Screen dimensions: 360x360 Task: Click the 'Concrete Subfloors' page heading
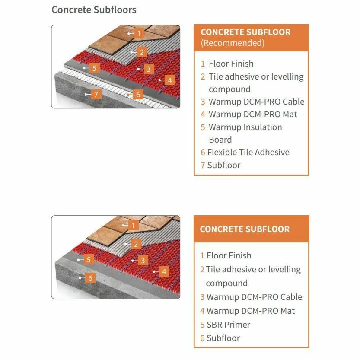(x=94, y=10)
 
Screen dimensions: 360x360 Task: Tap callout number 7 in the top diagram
(x=96, y=94)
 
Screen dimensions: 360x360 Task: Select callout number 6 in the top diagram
(x=138, y=94)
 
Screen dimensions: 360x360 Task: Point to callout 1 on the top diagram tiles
(x=139, y=34)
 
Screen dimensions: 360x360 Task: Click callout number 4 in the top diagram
(x=170, y=80)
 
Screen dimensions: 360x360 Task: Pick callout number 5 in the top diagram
(x=94, y=68)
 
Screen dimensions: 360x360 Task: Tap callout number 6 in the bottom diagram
(x=90, y=278)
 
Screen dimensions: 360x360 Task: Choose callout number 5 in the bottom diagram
(x=89, y=260)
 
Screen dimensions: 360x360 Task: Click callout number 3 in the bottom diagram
(x=143, y=260)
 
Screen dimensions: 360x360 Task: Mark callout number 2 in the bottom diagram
(x=136, y=244)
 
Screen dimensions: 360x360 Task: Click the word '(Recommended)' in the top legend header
(x=233, y=43)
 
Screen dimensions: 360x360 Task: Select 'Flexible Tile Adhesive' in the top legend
(x=248, y=152)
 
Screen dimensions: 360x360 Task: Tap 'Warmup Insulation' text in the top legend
(x=245, y=127)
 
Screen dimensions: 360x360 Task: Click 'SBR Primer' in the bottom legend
(x=229, y=325)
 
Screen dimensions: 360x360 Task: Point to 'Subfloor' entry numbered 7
(x=224, y=165)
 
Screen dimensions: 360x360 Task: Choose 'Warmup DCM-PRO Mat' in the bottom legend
(x=251, y=311)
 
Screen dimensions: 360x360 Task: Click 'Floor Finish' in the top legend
(x=231, y=64)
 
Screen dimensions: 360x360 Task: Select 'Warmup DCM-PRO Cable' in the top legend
(x=256, y=102)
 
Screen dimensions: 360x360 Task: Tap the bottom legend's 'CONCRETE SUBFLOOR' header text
(x=245, y=229)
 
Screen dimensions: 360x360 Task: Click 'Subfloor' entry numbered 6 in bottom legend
(x=223, y=338)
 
